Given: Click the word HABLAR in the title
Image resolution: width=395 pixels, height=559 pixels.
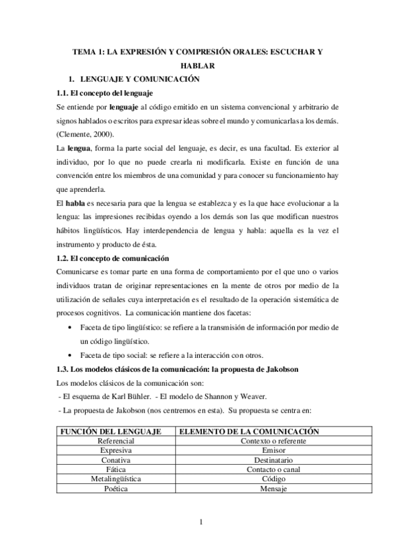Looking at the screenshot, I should pos(197,65).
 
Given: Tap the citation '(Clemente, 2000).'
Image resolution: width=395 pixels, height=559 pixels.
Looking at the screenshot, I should pos(86,134).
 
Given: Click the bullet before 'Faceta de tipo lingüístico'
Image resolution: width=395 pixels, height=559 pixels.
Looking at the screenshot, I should pos(71,328).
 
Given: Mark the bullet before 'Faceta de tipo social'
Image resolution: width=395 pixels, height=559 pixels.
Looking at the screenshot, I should pos(71,355).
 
